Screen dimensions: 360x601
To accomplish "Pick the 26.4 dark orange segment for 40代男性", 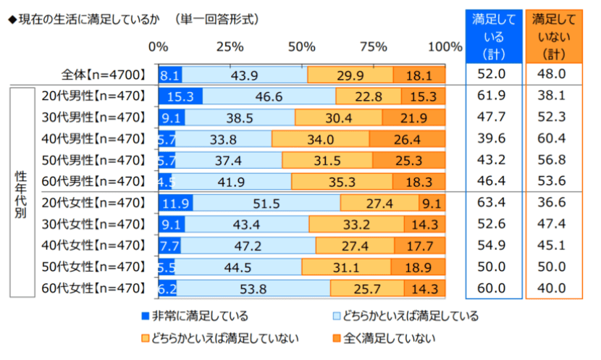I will point(407,139).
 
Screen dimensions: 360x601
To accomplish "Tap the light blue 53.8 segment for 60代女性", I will point(253,289).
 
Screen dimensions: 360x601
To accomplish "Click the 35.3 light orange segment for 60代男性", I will point(342,182).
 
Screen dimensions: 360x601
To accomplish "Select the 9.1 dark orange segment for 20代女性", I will point(432,204).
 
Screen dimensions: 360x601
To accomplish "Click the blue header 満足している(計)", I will point(492,35).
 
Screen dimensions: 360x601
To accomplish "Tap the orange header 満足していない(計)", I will point(554,35).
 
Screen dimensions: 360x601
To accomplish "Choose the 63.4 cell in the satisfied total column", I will point(492,204).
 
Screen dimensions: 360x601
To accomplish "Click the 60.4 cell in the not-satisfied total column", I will point(554,139).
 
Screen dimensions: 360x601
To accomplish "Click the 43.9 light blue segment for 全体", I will point(245,75).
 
